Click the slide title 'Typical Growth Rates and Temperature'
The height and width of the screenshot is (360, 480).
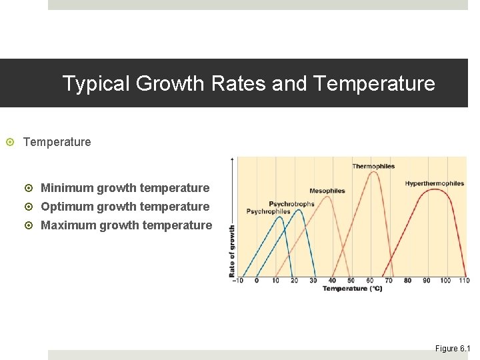pos(248,84)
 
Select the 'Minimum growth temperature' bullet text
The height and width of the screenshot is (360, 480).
pos(125,188)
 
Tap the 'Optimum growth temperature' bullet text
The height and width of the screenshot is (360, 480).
pos(125,207)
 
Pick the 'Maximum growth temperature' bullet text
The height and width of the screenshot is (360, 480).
pos(127,225)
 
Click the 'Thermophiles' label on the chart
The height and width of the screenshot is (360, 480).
pos(373,166)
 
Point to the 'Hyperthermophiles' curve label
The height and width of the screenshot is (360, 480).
pos(434,183)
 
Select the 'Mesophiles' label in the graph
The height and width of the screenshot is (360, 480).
pos(327,191)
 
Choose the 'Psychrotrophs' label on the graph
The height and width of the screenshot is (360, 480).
pos(291,204)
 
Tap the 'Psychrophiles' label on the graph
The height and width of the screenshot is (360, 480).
pos(268,211)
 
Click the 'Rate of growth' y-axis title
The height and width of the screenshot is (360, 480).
pos(232,251)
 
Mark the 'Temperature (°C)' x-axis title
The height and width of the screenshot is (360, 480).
pos(353,289)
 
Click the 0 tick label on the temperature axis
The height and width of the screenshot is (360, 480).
pos(257,281)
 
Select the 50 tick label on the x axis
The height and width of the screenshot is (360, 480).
pos(351,281)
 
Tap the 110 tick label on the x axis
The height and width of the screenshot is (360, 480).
pos(465,281)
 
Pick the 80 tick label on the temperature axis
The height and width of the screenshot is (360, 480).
pos(407,281)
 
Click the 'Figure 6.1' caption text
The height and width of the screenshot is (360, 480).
pos(453,349)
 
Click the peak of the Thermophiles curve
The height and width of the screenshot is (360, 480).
pos(373,173)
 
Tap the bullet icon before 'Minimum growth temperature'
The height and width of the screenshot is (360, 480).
pos(31,189)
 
